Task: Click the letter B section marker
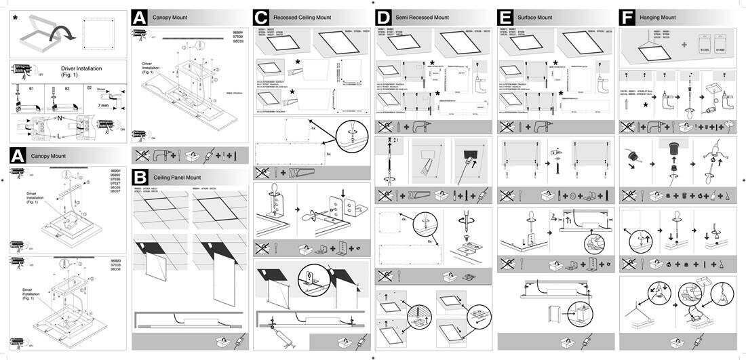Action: tap(140, 177)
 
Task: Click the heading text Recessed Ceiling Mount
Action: tap(302, 18)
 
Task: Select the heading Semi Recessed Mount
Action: tap(422, 18)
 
